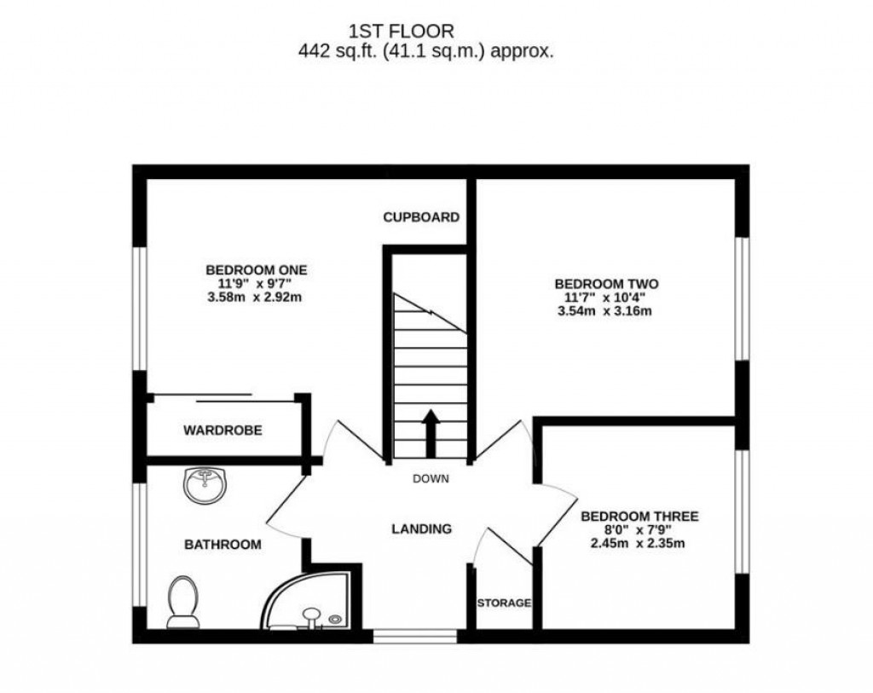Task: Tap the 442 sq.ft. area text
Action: pyautogui.click(x=425, y=52)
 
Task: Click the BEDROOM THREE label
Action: pyautogui.click(x=639, y=517)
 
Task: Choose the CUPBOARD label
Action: pyautogui.click(x=421, y=217)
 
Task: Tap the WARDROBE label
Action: pyautogui.click(x=223, y=430)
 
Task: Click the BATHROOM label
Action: pyautogui.click(x=223, y=544)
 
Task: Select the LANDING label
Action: pyautogui.click(x=421, y=529)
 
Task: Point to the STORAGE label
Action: pyautogui.click(x=504, y=603)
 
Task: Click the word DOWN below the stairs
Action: pyautogui.click(x=431, y=479)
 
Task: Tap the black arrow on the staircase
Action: pyautogui.click(x=431, y=433)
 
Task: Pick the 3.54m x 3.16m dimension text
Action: pyautogui.click(x=606, y=311)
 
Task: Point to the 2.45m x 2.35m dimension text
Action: pyautogui.click(x=639, y=544)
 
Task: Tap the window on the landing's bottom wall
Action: pyautogui.click(x=415, y=636)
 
